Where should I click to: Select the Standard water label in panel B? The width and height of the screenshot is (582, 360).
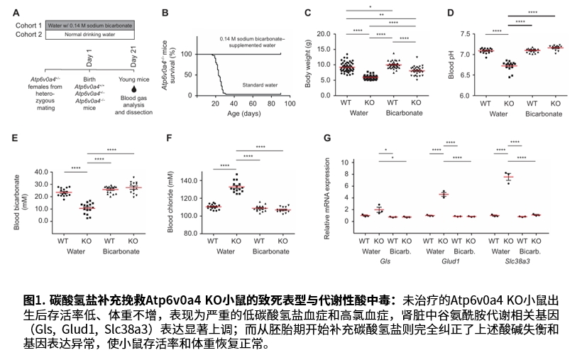pyautogui.click(x=259, y=84)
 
